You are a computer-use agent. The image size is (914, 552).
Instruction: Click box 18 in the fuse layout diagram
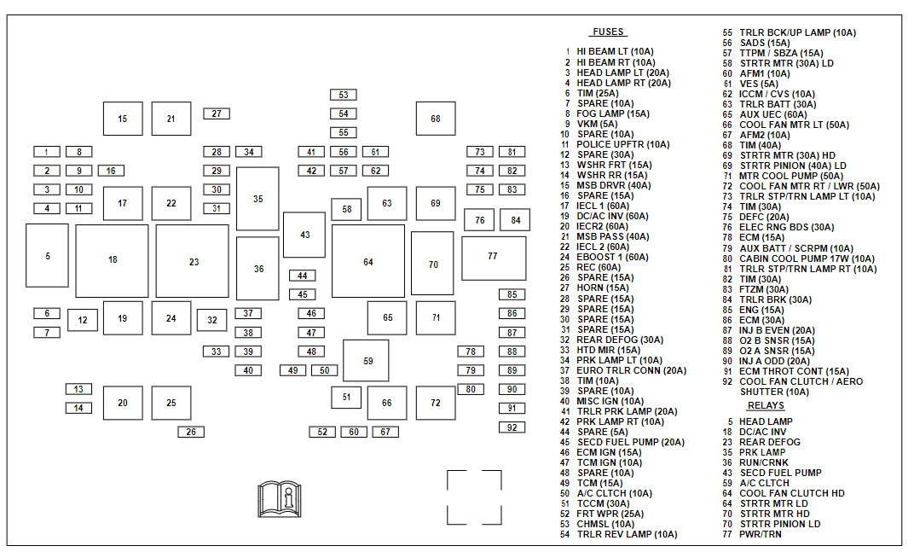coord(113,260)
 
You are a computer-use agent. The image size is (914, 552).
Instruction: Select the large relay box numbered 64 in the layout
coord(368,262)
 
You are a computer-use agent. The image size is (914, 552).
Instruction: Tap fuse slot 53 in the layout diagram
coord(344,95)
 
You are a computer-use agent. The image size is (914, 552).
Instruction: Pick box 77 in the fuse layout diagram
coord(493,257)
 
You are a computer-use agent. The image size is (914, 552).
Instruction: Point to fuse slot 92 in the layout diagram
coord(512,427)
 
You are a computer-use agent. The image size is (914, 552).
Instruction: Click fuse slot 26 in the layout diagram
coord(191,432)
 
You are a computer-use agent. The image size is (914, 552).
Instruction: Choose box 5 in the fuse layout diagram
coord(47,256)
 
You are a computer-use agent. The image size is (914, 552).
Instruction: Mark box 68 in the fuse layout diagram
coord(436,119)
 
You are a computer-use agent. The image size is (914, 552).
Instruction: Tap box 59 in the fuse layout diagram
coord(367,361)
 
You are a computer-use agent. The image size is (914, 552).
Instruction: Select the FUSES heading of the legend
coord(607,32)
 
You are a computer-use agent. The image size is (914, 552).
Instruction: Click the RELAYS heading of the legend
coord(765,406)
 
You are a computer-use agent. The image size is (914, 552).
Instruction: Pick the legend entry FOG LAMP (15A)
coord(612,113)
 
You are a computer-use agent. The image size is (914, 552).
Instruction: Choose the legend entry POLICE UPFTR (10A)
coord(622,144)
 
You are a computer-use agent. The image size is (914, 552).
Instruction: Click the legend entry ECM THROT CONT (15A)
coord(794,371)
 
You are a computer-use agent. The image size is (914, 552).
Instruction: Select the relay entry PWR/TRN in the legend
coord(760,534)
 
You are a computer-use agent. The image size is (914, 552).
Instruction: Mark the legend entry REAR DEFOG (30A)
coord(620,340)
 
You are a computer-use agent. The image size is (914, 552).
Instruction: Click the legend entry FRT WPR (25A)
coord(610,514)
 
